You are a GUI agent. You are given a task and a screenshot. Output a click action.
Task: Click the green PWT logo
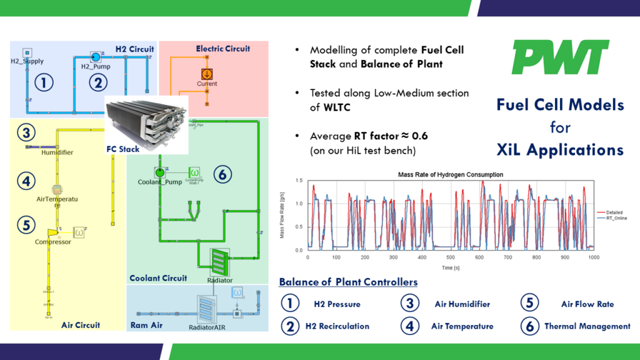tap(560, 57)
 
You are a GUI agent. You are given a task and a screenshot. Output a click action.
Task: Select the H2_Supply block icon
tap(27, 52)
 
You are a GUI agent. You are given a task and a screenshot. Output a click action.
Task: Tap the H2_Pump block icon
tap(96, 56)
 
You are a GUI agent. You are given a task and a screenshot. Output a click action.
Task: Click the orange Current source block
tap(206, 73)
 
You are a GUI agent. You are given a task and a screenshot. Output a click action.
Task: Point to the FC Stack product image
tap(146, 121)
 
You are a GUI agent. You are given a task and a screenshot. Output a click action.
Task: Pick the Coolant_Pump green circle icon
tap(160, 171)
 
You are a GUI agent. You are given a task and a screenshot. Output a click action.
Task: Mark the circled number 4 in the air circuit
tap(26, 182)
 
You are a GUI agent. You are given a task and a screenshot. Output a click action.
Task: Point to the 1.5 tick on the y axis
tap(300, 181)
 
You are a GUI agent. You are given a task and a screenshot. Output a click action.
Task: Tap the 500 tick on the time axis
tap(450, 257)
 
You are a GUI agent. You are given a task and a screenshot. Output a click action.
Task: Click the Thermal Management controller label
tap(587, 326)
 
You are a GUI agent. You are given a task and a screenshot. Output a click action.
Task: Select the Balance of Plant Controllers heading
tap(348, 282)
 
